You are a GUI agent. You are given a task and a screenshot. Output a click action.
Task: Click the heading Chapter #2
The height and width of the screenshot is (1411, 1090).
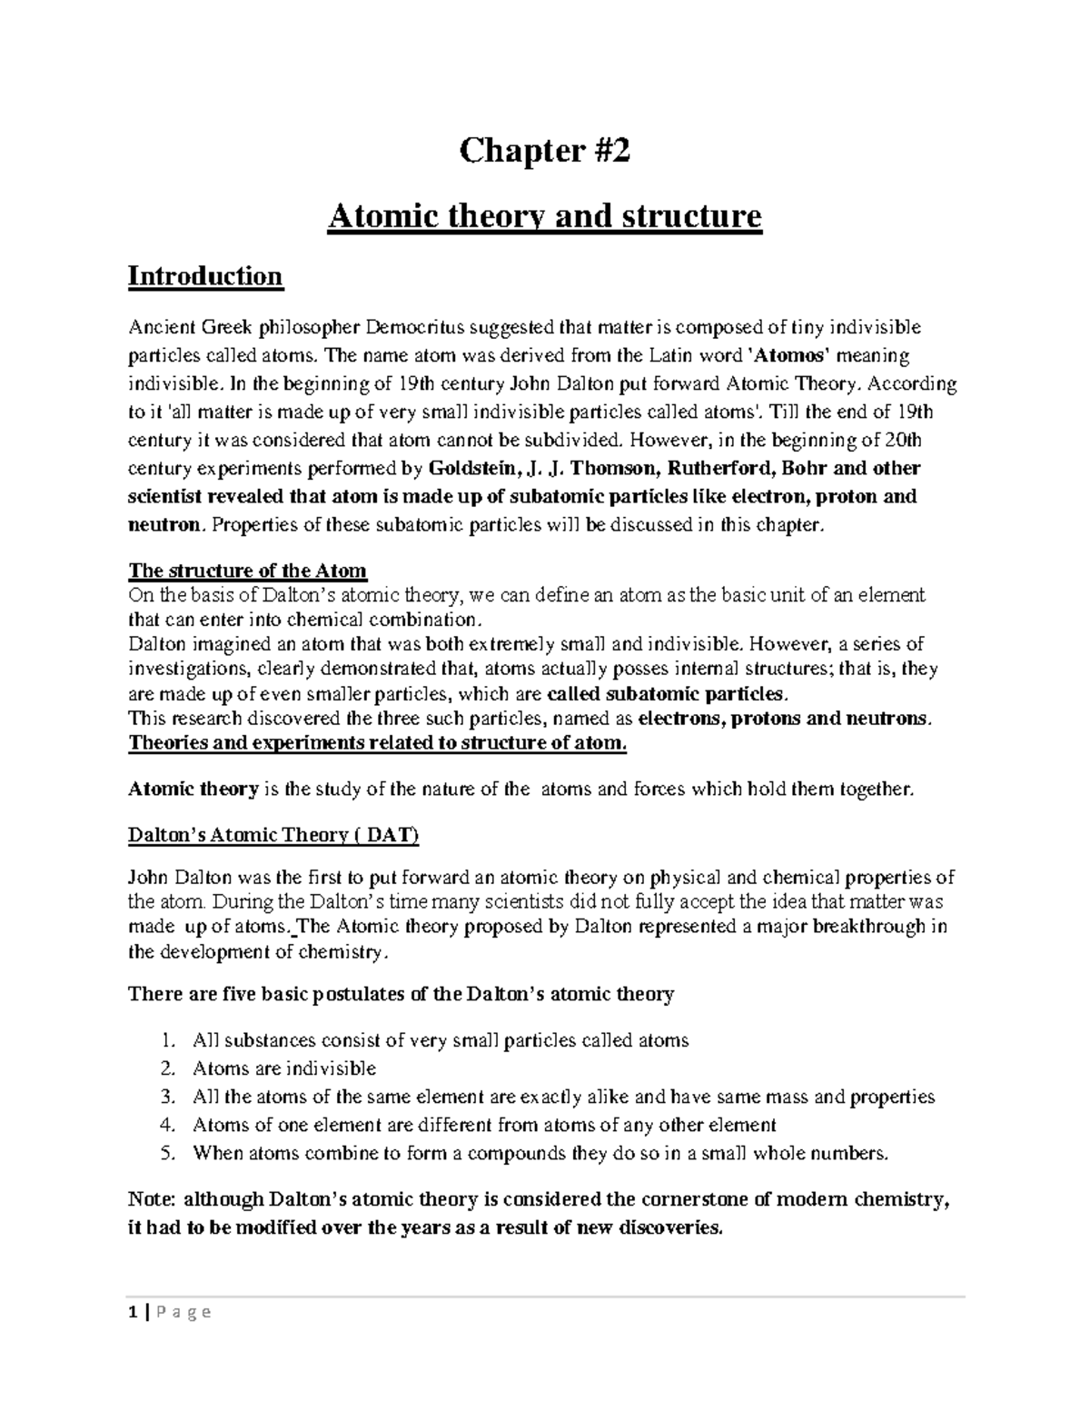coord(544,151)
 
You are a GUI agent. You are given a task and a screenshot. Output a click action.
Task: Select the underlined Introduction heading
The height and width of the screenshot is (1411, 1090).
coord(205,275)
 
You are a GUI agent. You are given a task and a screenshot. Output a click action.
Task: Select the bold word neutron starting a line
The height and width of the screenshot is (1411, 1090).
coord(163,525)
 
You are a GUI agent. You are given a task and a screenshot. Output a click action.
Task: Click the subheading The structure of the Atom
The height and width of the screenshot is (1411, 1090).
coord(247,571)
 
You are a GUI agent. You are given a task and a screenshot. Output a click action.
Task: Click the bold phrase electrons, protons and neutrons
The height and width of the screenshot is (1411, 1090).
coord(784,719)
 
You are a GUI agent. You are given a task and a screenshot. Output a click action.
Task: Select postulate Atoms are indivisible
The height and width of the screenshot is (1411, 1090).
coord(284,1069)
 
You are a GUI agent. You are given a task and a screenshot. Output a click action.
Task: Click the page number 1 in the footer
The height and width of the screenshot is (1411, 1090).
coord(133,1312)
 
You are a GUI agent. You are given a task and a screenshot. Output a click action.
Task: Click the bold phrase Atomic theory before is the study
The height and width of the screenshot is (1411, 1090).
coord(193,790)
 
